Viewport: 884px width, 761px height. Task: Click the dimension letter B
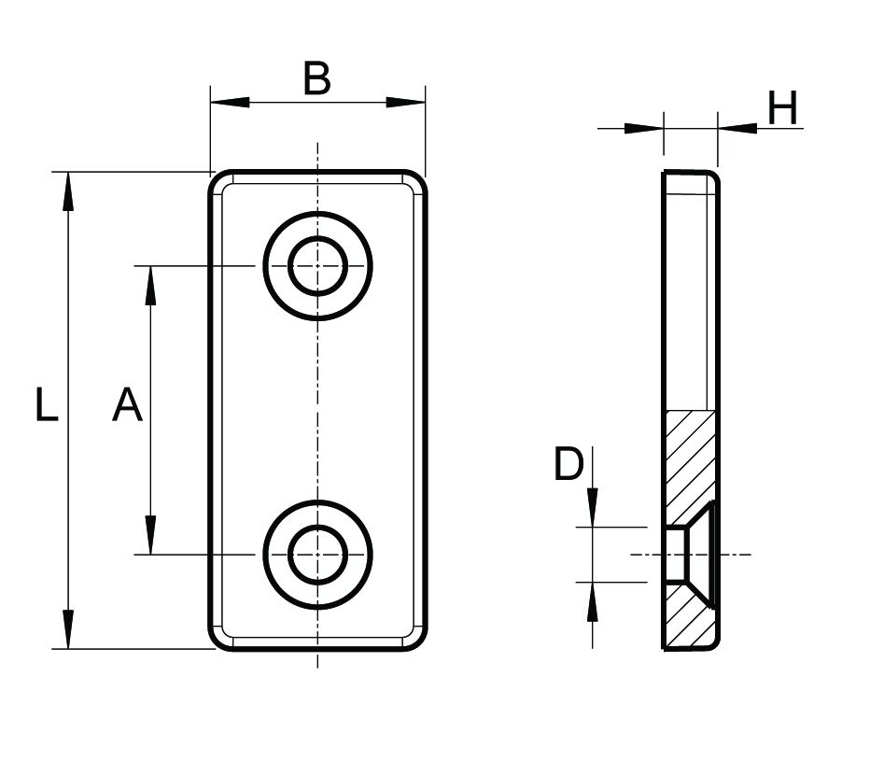pyautogui.click(x=317, y=79)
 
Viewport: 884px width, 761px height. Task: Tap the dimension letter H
pyautogui.click(x=782, y=109)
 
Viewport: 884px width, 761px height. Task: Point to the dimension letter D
pyautogui.click(x=568, y=464)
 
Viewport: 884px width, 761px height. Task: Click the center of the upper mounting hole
pyautogui.click(x=317, y=266)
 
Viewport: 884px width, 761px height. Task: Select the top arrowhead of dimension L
pyautogui.click(x=67, y=190)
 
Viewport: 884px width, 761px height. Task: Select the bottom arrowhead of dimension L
pyautogui.click(x=67, y=629)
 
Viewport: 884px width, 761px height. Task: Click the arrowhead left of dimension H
pyautogui.click(x=644, y=127)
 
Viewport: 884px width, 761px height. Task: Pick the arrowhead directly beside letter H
pyautogui.click(x=737, y=127)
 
